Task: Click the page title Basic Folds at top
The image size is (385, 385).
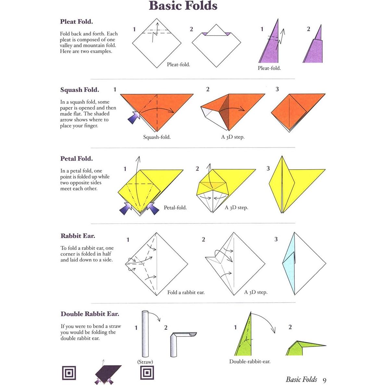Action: click(x=183, y=6)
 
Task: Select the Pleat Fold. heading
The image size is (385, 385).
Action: click(x=76, y=22)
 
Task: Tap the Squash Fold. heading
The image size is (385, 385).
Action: click(x=80, y=90)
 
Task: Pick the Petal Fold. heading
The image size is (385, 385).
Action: click(x=76, y=159)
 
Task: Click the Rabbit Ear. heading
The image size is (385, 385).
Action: click(x=78, y=236)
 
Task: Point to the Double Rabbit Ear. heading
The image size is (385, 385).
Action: click(x=90, y=314)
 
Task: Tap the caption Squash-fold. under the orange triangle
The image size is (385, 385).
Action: click(x=157, y=137)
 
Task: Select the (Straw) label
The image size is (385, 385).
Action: click(x=145, y=362)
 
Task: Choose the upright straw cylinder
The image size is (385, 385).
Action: click(x=145, y=335)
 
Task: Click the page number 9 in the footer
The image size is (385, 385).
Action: click(x=325, y=380)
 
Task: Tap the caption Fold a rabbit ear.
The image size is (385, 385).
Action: click(x=186, y=292)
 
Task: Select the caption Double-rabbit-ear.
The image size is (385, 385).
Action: click(x=250, y=361)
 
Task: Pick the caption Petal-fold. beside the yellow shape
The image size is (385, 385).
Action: click(x=175, y=208)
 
